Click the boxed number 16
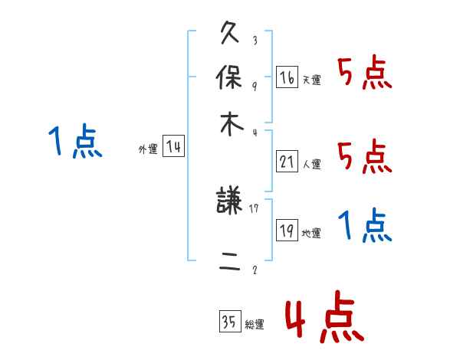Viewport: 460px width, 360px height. point(287,77)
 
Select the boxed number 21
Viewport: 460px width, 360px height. point(287,162)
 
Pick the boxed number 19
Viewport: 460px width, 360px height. point(287,231)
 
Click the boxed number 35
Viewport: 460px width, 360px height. point(229,322)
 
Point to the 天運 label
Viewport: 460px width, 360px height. point(311,80)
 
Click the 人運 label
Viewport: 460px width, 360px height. point(311,164)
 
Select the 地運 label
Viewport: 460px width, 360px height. point(311,234)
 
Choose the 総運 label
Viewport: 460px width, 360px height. point(254,325)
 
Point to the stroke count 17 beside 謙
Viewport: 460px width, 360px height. point(255,208)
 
